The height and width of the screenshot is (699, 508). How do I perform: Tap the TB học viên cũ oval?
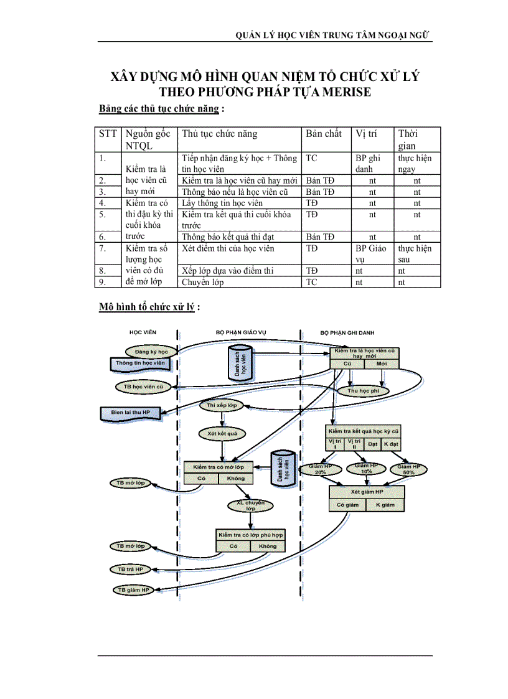(x=143, y=387)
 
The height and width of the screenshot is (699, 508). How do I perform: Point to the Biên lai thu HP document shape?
(x=130, y=412)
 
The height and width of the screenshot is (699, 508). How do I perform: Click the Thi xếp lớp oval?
(x=222, y=405)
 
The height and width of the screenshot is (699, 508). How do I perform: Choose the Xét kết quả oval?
(x=222, y=433)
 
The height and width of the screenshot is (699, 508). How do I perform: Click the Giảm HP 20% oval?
(x=320, y=469)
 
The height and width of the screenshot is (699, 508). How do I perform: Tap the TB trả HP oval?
(x=130, y=569)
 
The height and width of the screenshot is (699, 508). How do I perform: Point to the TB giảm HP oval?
(x=133, y=589)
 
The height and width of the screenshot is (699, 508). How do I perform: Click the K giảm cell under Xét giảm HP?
(x=385, y=505)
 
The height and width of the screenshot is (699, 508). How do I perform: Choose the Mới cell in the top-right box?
(x=382, y=362)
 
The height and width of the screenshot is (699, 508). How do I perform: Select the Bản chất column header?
(x=324, y=134)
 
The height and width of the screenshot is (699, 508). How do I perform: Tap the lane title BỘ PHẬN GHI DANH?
(x=347, y=333)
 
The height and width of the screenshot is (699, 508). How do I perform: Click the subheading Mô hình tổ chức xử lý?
(x=149, y=307)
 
